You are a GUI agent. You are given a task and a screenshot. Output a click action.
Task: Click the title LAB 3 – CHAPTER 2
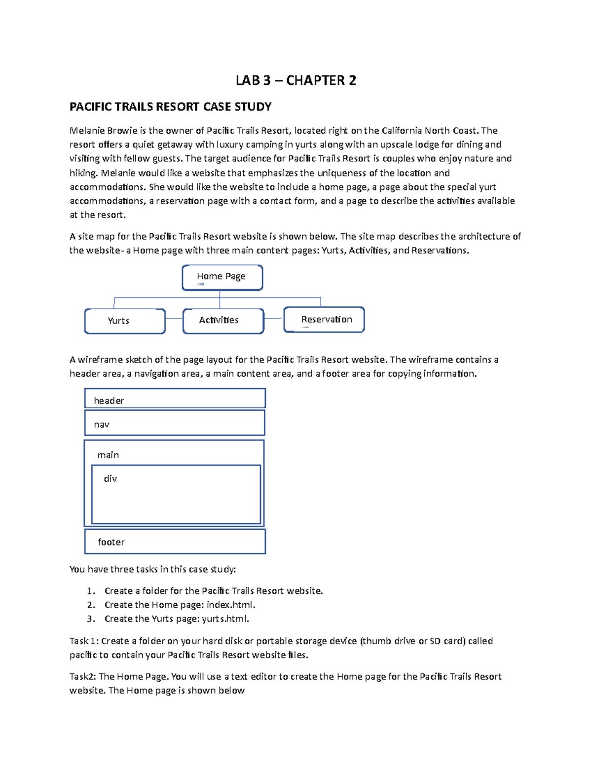click(296, 80)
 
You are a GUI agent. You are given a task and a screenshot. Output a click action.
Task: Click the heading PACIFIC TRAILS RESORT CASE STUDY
click(170, 107)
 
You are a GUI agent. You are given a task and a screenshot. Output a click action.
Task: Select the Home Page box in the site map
click(222, 277)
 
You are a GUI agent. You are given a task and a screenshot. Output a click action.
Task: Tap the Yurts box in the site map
click(125, 321)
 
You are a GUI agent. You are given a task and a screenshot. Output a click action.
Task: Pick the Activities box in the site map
click(223, 321)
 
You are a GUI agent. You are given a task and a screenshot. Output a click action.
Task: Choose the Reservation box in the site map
click(324, 320)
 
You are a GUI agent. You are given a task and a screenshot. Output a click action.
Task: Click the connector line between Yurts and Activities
click(174, 319)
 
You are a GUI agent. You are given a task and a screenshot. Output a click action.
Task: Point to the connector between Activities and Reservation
click(274, 319)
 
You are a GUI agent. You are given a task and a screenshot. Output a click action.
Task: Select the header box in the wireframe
click(175, 399)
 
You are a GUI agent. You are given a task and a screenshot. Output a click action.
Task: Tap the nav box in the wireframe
click(175, 423)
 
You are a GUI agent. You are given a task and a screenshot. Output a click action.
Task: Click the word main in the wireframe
click(108, 455)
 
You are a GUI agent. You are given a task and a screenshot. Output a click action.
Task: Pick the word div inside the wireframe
click(111, 479)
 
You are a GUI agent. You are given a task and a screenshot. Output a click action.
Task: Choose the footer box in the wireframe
click(175, 542)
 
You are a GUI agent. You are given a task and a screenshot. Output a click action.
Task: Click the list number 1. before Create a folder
click(90, 591)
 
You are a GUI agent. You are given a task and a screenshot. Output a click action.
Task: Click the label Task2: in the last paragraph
click(82, 677)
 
